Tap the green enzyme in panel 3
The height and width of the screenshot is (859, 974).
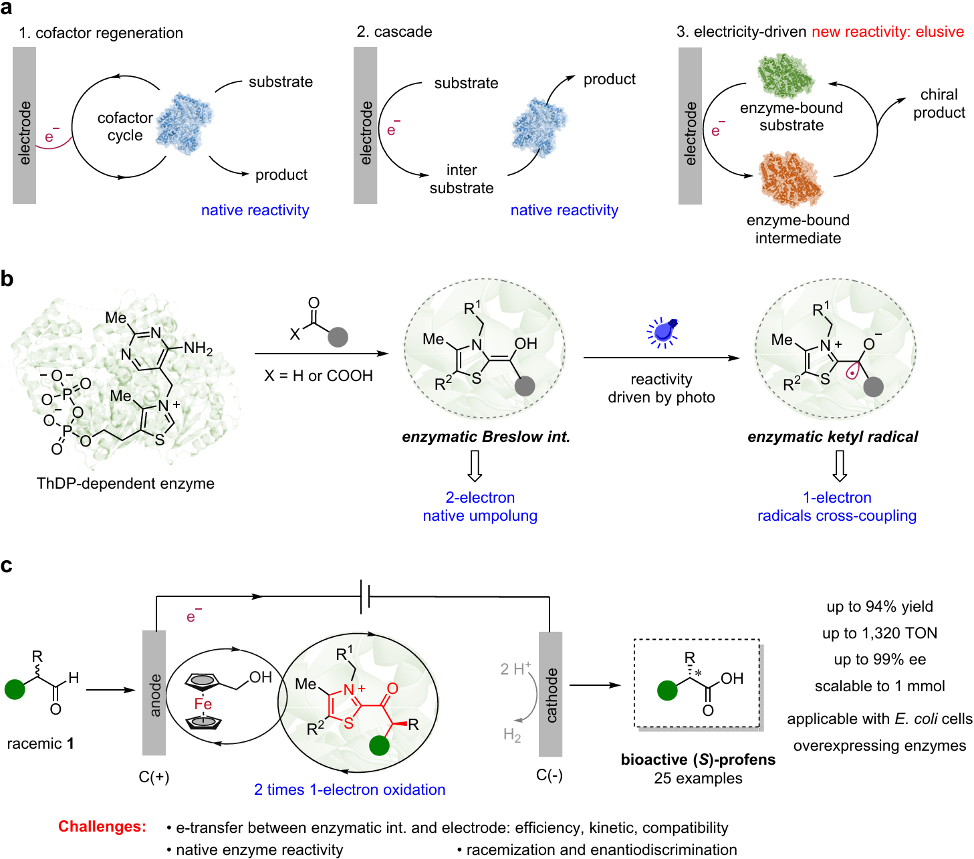[x=786, y=76]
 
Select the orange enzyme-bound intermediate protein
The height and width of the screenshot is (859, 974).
[x=790, y=179]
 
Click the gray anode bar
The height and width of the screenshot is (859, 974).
[x=154, y=693]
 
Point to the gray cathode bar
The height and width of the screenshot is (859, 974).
[x=550, y=694]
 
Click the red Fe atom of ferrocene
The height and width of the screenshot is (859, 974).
[x=203, y=704]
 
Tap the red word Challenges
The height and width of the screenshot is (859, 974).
[x=102, y=826]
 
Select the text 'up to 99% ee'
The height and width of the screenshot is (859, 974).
[x=880, y=659]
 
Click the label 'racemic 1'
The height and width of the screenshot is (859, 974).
[x=40, y=743]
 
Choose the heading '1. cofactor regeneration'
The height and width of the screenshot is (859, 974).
[x=101, y=33]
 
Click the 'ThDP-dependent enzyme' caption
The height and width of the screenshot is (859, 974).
[x=126, y=483]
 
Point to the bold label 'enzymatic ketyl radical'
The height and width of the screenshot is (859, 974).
[x=832, y=437]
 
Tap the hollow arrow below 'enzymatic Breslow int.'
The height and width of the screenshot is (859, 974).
[x=475, y=466]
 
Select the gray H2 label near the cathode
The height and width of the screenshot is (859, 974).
[x=512, y=735]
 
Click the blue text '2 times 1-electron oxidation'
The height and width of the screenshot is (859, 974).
[x=350, y=789]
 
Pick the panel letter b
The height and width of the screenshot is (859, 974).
[x=7, y=279]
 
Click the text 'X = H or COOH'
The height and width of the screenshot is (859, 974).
[x=318, y=376]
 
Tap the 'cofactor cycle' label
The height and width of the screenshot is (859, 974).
[x=125, y=126]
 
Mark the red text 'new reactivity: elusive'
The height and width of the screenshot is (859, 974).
[x=888, y=31]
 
